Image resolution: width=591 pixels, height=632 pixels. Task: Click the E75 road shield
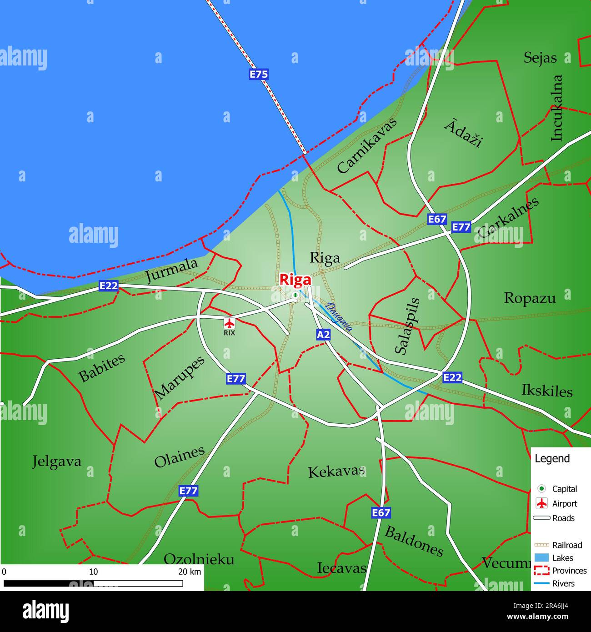point(259,74)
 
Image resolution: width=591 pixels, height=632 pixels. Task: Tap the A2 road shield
point(323,335)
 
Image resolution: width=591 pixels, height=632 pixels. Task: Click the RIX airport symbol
point(230,323)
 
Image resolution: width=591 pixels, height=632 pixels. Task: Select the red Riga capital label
point(295,280)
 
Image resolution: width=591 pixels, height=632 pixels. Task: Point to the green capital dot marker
point(295,296)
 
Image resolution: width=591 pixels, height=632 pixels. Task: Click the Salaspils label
point(407,326)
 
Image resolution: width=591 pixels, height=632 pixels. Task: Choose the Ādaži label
point(463,133)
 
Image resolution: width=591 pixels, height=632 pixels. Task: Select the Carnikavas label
point(367,145)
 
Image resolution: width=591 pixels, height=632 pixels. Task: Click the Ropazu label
point(530,298)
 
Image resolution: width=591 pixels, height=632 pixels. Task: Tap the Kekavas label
point(336,471)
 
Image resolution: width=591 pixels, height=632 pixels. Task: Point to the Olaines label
point(179,457)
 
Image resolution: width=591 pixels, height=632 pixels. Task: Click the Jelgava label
point(57,461)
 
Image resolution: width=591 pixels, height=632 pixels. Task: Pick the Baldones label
point(414,541)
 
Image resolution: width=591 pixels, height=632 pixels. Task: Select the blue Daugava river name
point(340,317)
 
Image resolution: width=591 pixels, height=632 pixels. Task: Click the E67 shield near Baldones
point(381,513)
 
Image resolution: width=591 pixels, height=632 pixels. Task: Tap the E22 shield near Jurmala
point(109,286)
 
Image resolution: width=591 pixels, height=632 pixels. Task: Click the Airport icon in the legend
point(541,503)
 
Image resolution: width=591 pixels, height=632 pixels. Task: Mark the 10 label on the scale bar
point(93,572)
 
